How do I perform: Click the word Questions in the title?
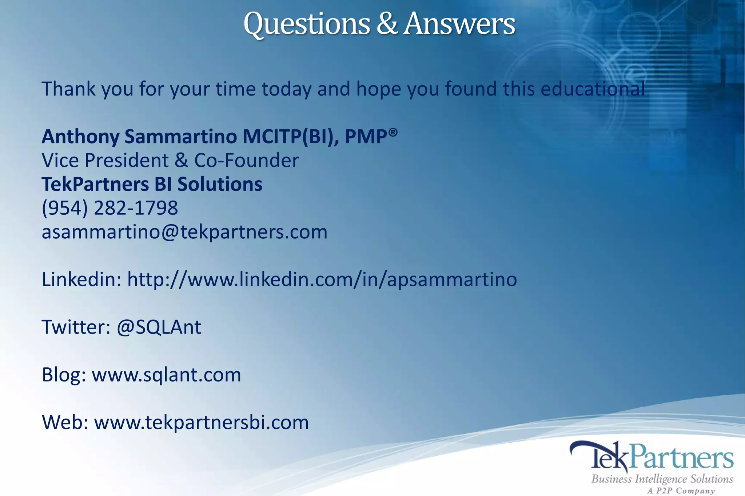coord(306,24)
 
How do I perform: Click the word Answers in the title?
coord(459,24)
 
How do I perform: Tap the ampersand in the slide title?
coord(387,24)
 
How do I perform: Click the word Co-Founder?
coord(247,161)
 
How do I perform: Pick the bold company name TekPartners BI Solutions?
coord(152,184)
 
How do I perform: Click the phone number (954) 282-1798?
coord(110,208)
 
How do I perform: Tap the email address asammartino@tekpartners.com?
coord(184,232)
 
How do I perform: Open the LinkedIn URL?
coord(322,280)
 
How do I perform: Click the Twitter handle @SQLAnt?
coord(159,327)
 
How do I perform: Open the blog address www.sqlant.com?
coord(166,375)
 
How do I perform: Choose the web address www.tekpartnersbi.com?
coord(201,422)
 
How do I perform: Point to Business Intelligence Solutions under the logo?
coord(662,479)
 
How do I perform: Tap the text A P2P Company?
coord(681,491)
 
